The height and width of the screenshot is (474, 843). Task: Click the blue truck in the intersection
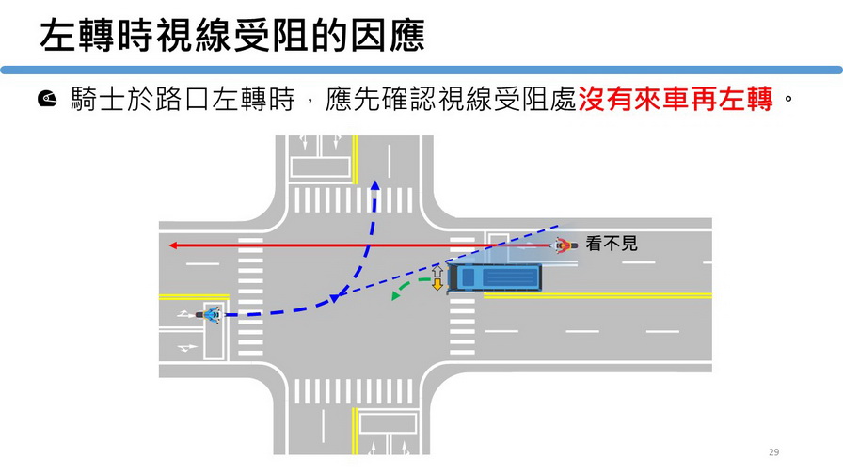coord(496,277)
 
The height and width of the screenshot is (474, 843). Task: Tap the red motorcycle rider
coord(562,246)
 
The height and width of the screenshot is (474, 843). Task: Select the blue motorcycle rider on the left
coord(211,315)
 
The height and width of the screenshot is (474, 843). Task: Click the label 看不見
coord(612,244)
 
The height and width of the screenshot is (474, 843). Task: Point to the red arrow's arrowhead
coord(172,246)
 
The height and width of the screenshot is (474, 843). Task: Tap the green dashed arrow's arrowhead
coord(396,296)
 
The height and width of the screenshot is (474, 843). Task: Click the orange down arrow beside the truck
coord(437,284)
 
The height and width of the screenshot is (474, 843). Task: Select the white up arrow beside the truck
coord(437,272)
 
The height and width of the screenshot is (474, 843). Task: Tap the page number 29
coord(774,452)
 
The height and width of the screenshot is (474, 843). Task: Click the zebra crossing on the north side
coord(352,200)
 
